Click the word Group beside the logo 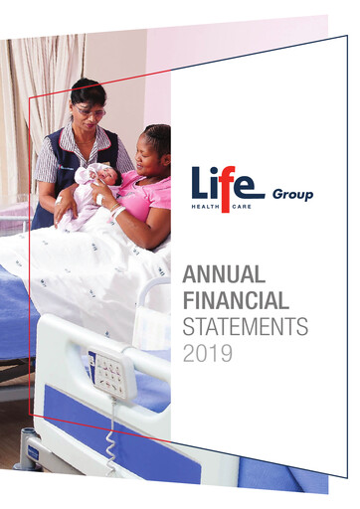293,195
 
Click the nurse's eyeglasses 90,112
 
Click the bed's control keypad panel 107,373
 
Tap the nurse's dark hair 88,92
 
